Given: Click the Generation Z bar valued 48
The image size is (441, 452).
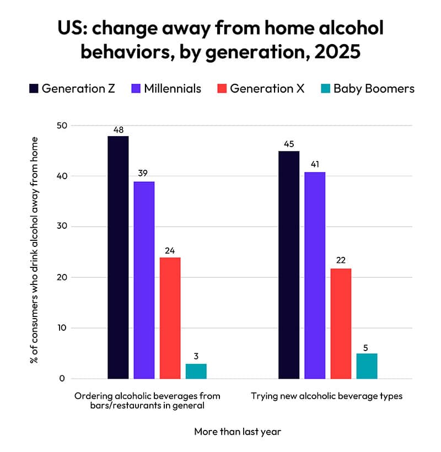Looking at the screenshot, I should [x=118, y=257].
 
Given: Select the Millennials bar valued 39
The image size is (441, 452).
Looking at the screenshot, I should [x=144, y=280].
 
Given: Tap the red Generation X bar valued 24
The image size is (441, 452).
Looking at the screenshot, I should [x=170, y=318].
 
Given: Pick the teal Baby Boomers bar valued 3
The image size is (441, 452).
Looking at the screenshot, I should [x=196, y=371].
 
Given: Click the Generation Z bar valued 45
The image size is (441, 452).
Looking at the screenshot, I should [x=289, y=265].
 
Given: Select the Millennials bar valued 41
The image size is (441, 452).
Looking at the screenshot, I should [x=315, y=275].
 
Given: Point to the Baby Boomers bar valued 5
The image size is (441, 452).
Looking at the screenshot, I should [x=367, y=366].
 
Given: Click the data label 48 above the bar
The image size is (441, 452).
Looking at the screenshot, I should [x=118, y=130].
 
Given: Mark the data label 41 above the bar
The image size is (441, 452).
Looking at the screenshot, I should [x=315, y=165].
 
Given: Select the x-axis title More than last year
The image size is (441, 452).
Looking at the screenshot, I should [x=238, y=432].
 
